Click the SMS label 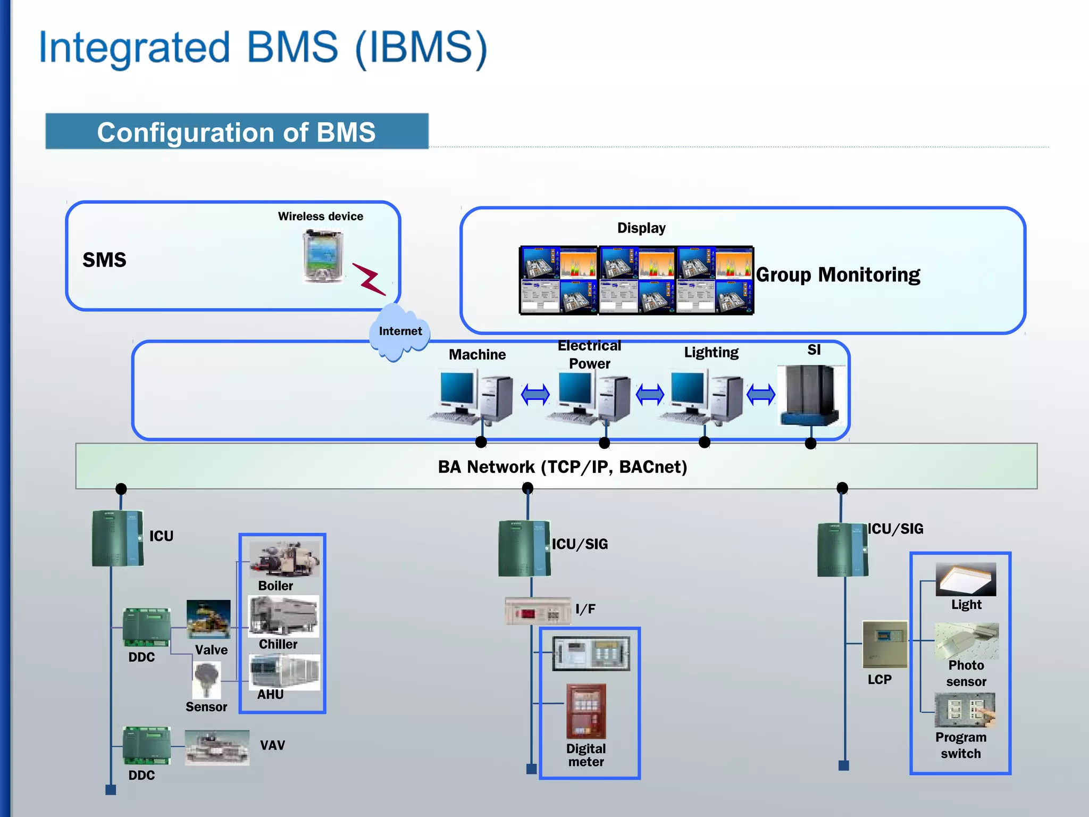pos(104,260)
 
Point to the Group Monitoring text pos(837,275)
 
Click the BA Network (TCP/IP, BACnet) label pos(562,467)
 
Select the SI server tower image pos(809,395)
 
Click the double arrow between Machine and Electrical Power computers pos(535,395)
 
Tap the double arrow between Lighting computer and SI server pos(761,395)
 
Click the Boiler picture pos(284,559)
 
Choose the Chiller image pos(284,616)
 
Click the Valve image pos(208,620)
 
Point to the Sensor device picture pos(207,679)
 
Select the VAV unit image pos(217,747)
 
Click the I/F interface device pos(538,611)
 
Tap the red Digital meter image pos(585,711)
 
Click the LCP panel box pos(884,644)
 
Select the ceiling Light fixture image pos(966,579)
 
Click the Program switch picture pos(965,710)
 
